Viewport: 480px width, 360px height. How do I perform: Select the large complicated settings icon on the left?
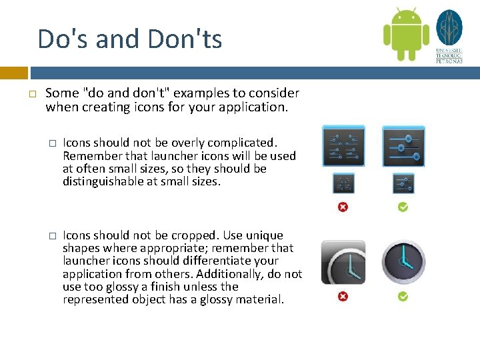(x=343, y=146)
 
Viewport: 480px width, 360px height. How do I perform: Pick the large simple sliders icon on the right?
(x=403, y=146)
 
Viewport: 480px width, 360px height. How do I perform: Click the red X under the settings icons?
(x=343, y=207)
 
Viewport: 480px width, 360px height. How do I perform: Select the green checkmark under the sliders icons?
(x=403, y=207)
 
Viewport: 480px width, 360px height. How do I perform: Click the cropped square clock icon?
(x=343, y=262)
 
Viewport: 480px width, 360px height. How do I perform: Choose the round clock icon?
(x=403, y=263)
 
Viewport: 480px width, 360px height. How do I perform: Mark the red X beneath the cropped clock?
(x=343, y=297)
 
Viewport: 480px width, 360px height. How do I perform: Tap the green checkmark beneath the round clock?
(x=403, y=297)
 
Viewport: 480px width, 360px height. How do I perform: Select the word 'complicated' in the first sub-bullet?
(x=245, y=143)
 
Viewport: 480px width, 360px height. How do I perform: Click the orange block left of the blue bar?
(x=13, y=73)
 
